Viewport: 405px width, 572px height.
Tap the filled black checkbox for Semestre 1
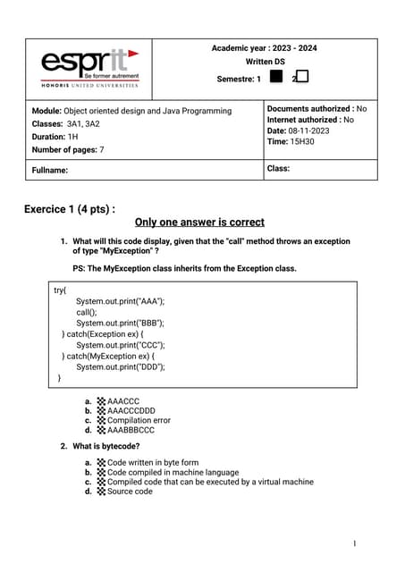point(275,78)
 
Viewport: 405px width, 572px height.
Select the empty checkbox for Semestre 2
point(302,78)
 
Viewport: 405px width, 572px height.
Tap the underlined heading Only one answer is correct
point(198,223)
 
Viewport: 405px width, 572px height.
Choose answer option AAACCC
point(122,402)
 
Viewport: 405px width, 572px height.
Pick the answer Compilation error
point(138,420)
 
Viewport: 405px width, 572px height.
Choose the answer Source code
point(130,491)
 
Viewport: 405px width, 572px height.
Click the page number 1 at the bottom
point(354,543)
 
